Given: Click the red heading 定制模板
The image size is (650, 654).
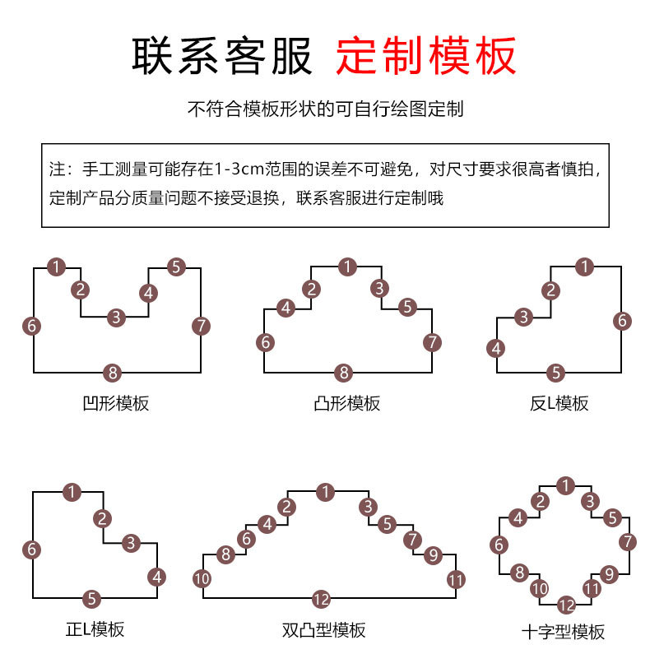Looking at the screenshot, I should point(425,57).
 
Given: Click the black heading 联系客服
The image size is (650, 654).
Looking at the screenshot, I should point(223,57).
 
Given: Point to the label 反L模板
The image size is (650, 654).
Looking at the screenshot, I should point(559,403).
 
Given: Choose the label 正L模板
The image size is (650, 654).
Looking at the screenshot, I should point(95,629).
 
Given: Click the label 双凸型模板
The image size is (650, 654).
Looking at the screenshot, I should point(323,630).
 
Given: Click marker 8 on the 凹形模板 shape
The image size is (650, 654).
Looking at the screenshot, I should point(114,373).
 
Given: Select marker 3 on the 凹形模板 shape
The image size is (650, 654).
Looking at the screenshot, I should point(116,317).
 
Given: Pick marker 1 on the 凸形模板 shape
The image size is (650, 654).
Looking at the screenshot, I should point(348,267).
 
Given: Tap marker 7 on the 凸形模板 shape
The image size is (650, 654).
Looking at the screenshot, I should point(432,341).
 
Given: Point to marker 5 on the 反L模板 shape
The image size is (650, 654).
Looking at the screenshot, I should point(557,373).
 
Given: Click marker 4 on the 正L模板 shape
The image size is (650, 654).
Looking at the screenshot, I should point(157,577).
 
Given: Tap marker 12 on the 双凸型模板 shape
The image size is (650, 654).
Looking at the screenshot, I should point(322,598).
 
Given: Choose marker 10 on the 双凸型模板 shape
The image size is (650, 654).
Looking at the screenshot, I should point(202,579).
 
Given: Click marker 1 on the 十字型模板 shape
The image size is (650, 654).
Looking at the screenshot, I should point(565,486).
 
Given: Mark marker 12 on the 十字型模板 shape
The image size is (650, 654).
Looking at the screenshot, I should point(565,605).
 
